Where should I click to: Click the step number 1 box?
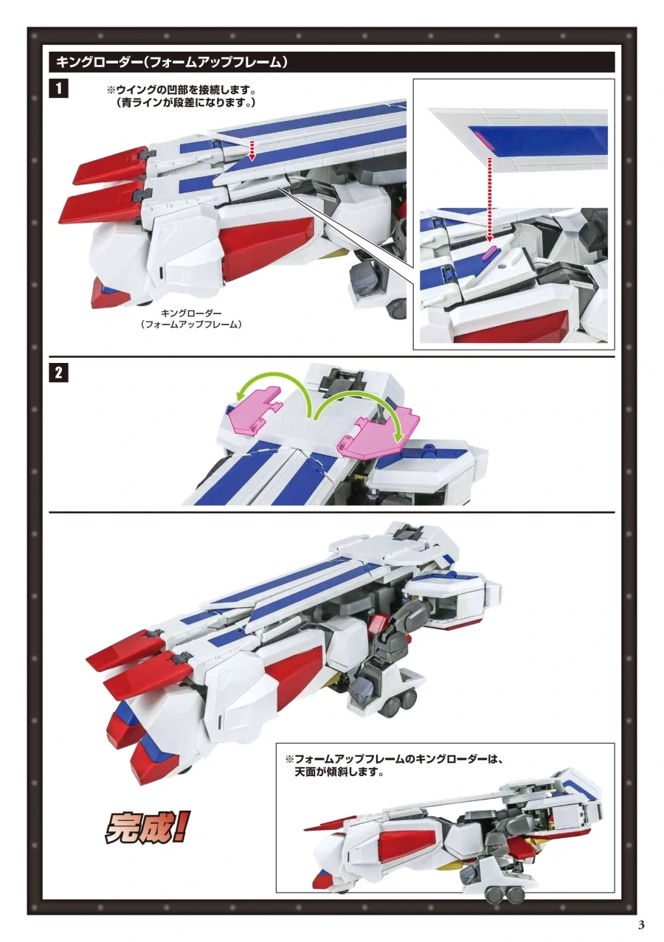click(x=58, y=89)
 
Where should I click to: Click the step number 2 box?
click(x=58, y=373)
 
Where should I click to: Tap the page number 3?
click(x=641, y=925)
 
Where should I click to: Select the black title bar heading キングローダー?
click(x=173, y=62)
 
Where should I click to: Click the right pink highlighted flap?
click(x=378, y=434)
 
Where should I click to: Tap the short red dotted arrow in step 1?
click(x=252, y=150)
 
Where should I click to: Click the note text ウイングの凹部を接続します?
click(x=181, y=90)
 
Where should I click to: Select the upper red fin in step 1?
click(x=111, y=164)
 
